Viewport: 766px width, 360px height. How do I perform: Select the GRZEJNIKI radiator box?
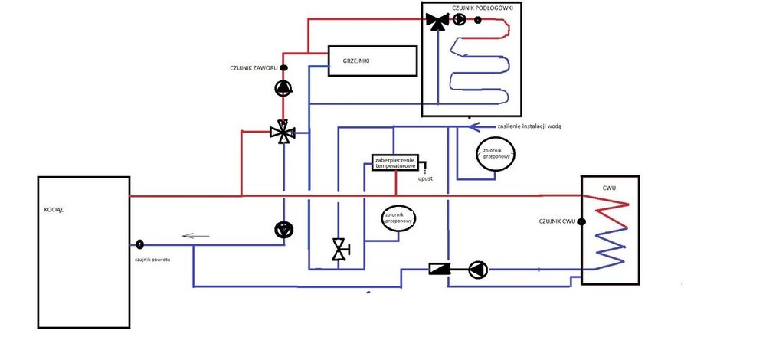pyautogui.click(x=372, y=60)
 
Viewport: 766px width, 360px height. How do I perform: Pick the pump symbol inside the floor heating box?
pyautogui.click(x=458, y=21)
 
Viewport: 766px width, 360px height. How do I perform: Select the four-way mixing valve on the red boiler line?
pyautogui.click(x=284, y=133)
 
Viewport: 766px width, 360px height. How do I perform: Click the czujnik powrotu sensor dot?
pyautogui.click(x=140, y=245)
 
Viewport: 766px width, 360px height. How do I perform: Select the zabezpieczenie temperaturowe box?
pyautogui.click(x=394, y=162)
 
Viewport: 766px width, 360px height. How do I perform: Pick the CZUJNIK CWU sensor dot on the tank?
pyautogui.click(x=581, y=221)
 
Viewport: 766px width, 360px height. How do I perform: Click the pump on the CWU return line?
pyautogui.click(x=477, y=269)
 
